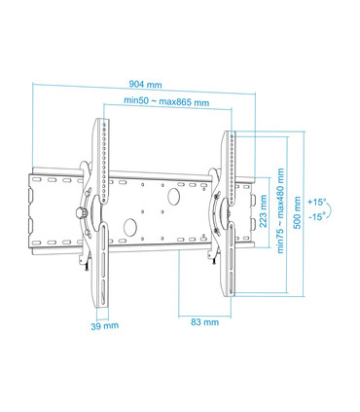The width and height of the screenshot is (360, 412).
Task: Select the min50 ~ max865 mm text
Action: (x=165, y=101)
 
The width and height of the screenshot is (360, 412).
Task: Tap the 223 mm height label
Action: (x=265, y=207)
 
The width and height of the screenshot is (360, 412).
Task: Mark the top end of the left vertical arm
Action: (x=103, y=123)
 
